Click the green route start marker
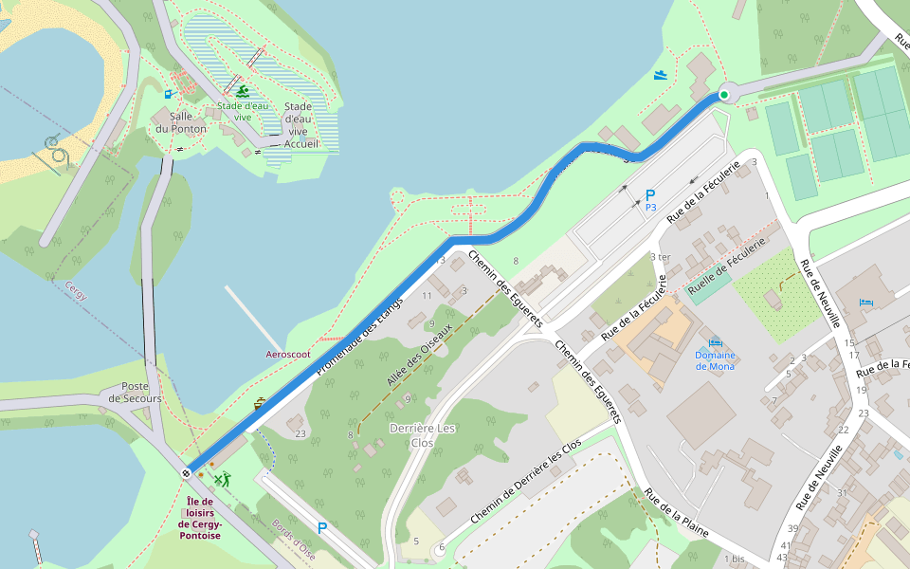click(x=724, y=95)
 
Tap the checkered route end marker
click(x=186, y=472)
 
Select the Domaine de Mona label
click(x=715, y=360)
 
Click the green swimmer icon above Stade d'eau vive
click(x=244, y=92)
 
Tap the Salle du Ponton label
click(x=181, y=122)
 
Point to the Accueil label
click(x=299, y=145)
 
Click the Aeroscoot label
click(x=287, y=354)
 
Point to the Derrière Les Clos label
click(x=423, y=435)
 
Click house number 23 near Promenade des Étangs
click(x=300, y=434)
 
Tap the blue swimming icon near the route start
click(x=661, y=75)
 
